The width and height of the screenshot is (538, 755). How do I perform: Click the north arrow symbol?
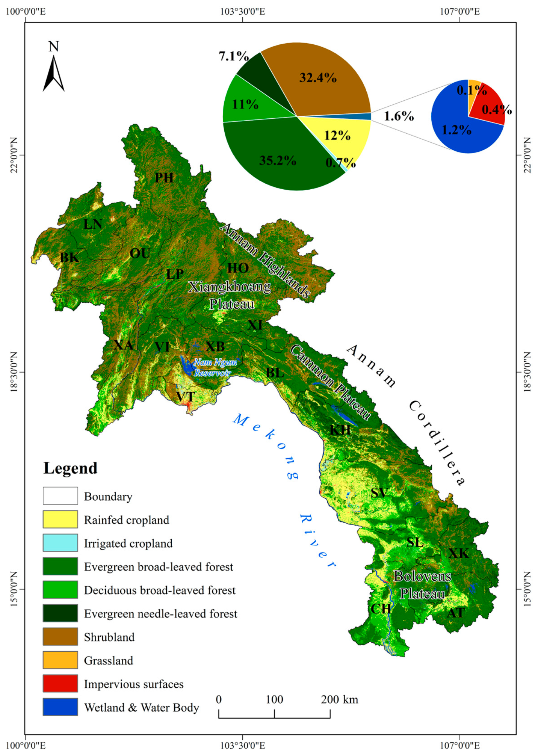(x=53, y=73)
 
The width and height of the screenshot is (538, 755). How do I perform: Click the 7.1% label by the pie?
(x=234, y=56)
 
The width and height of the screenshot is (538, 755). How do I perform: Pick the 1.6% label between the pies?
(x=399, y=116)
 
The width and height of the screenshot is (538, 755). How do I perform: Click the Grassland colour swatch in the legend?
(x=60, y=660)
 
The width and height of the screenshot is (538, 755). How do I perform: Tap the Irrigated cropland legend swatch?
(x=60, y=543)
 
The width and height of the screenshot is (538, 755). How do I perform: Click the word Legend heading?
(x=70, y=468)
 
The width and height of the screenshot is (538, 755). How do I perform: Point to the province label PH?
(x=164, y=177)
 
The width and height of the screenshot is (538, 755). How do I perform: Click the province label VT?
(x=185, y=396)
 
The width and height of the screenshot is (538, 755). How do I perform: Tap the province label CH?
(x=381, y=609)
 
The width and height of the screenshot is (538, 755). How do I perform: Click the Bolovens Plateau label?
(x=422, y=585)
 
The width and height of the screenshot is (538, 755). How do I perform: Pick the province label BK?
(x=70, y=257)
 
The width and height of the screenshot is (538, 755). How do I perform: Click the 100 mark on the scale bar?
(x=274, y=699)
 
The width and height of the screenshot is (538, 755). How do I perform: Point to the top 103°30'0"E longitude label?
(x=242, y=11)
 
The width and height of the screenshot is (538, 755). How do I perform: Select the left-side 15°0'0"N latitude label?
(x=14, y=589)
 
